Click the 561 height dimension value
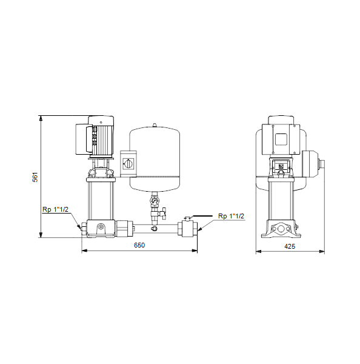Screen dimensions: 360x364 35,177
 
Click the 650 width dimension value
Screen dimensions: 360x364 139,245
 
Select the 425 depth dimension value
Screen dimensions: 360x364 290,246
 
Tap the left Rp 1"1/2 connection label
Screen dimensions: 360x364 55,209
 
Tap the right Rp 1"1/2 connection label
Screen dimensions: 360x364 231,216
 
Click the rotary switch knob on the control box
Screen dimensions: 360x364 128,164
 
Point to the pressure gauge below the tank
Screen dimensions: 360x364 155,200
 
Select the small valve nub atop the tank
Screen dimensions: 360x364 155,125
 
